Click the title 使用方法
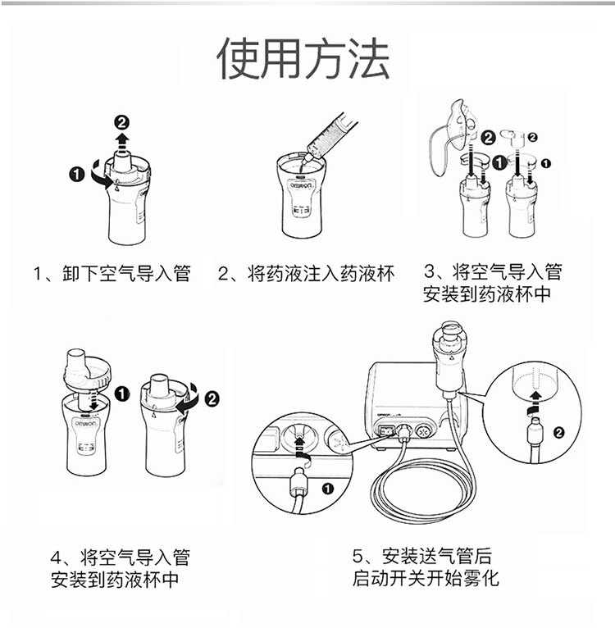[303, 58]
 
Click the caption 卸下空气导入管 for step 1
[126, 274]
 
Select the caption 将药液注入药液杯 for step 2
[321, 274]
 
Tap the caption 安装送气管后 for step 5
[437, 556]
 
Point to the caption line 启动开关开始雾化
[426, 578]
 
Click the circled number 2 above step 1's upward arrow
[122, 122]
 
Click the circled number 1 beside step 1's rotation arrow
[76, 175]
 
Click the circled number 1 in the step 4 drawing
[122, 394]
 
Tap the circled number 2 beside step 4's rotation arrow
[212, 398]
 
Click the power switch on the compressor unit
[386, 431]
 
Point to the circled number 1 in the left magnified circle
[328, 489]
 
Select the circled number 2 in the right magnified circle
[558, 433]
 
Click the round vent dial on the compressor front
[423, 432]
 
